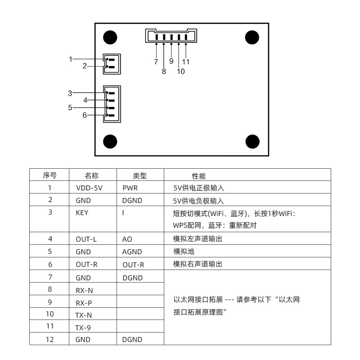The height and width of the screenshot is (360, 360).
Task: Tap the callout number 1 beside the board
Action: point(71,59)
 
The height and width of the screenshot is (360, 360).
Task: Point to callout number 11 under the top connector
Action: point(186,62)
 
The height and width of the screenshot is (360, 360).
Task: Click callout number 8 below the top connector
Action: point(164,71)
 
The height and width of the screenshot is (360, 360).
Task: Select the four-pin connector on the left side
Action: point(112,104)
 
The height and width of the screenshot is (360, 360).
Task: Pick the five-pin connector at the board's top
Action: point(171,36)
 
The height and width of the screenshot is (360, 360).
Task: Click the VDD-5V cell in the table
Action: point(86,188)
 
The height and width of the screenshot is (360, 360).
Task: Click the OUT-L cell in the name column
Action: point(86,239)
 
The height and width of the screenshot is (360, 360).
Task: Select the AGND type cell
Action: point(132,252)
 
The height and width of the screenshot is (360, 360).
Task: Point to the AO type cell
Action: point(128,239)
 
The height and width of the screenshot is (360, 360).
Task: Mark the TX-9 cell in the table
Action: point(84,326)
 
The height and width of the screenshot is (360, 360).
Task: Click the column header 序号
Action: point(49,175)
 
